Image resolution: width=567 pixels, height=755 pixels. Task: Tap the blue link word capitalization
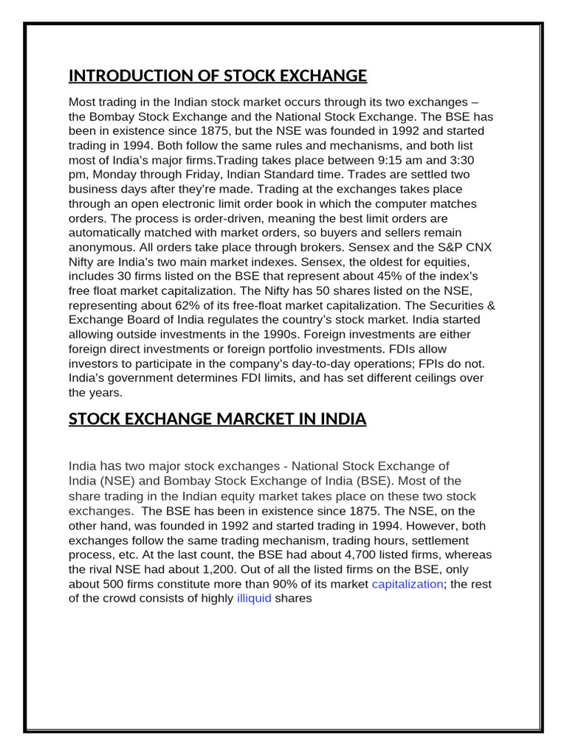click(408, 584)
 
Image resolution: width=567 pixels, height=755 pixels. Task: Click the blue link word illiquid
click(254, 598)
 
